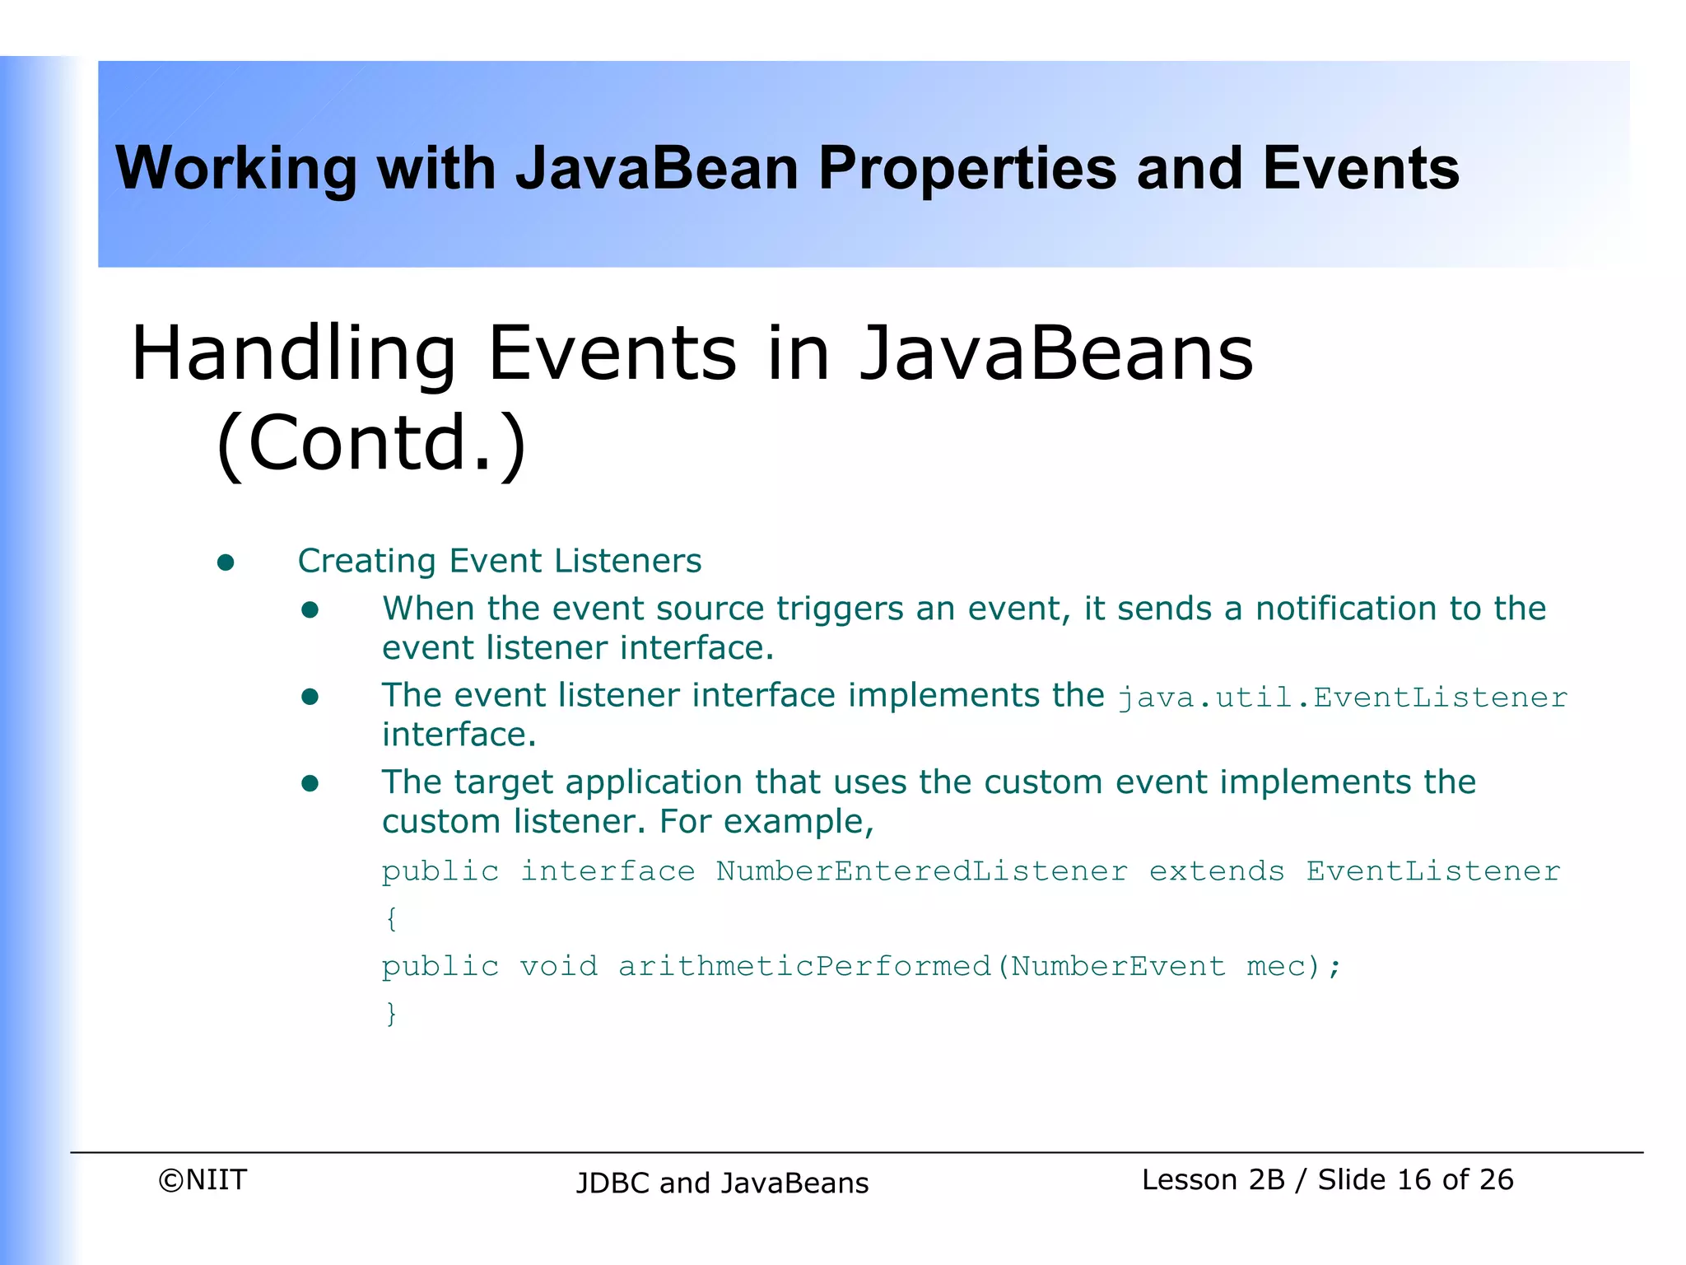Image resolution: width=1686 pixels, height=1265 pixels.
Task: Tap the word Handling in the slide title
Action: tap(293, 354)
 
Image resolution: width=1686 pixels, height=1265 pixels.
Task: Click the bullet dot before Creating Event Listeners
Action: tap(226, 562)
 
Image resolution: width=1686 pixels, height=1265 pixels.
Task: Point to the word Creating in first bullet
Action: tap(366, 562)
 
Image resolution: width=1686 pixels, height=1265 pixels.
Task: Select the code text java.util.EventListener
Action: tap(1342, 698)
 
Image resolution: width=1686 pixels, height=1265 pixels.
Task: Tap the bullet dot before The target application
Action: tap(310, 783)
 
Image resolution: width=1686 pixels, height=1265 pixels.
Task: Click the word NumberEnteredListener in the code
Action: tap(921, 871)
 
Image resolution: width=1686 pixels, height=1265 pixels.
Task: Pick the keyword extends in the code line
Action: tap(1216, 871)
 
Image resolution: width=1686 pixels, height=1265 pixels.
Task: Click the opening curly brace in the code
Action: tap(391, 918)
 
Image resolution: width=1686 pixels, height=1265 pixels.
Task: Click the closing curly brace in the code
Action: tap(391, 1013)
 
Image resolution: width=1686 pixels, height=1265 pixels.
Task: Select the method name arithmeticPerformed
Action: tap(804, 966)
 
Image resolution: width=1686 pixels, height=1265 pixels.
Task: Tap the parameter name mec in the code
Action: tap(1275, 966)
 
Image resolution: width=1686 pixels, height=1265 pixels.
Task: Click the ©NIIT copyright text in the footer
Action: tap(203, 1180)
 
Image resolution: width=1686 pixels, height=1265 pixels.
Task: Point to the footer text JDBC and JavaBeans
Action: tap(722, 1183)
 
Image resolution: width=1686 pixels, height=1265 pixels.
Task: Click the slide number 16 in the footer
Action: tap(1414, 1180)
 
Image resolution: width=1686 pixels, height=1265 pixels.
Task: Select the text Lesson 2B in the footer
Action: tap(1213, 1180)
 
